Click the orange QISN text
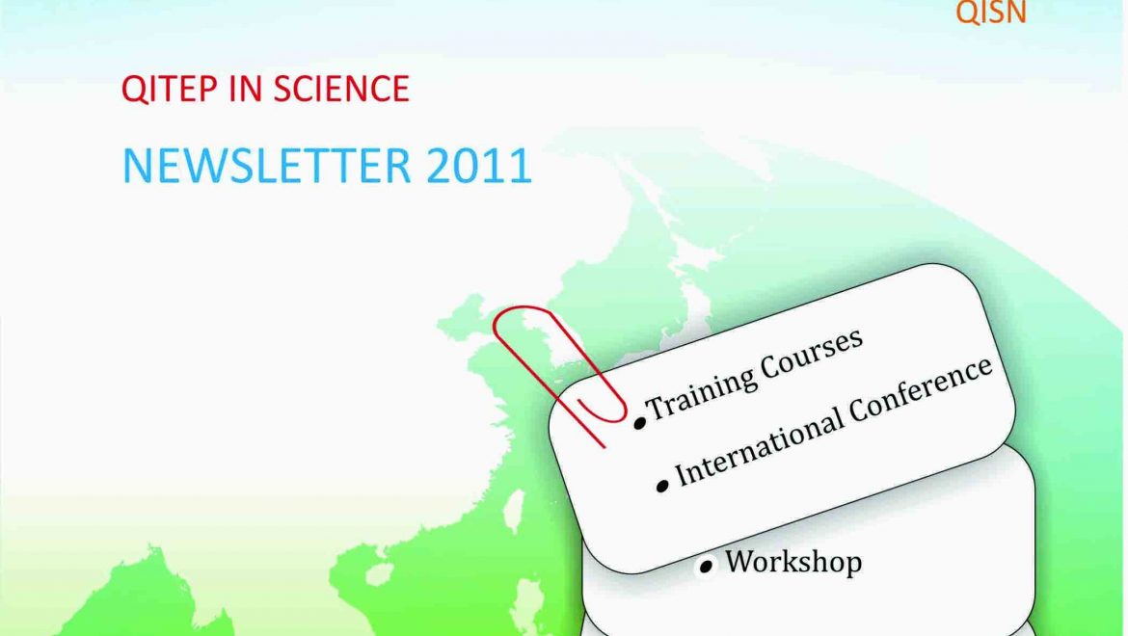pos(990,13)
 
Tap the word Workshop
pos(792,561)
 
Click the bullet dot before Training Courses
pos(639,422)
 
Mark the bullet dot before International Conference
pos(662,486)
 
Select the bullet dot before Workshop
pos(707,566)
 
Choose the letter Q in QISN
pos(965,13)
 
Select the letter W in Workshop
pos(740,560)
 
